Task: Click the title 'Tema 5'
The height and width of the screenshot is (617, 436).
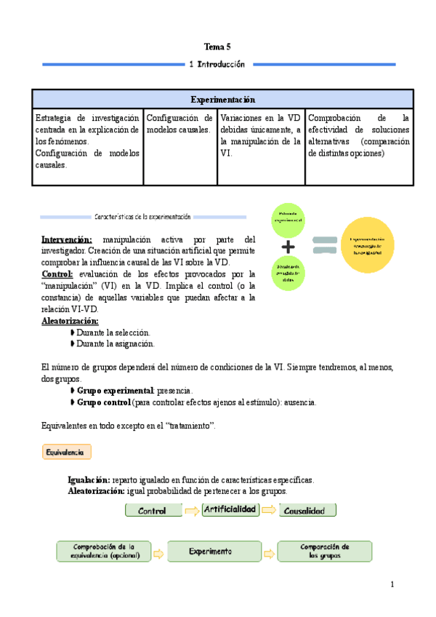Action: pyautogui.click(x=217, y=46)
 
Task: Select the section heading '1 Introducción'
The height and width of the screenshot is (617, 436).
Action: pyautogui.click(x=217, y=64)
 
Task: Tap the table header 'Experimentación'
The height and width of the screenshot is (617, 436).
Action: pyautogui.click(x=222, y=99)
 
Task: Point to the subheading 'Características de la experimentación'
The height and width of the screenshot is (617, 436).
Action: pyautogui.click(x=142, y=216)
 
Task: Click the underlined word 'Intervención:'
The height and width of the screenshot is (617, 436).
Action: pyautogui.click(x=66, y=239)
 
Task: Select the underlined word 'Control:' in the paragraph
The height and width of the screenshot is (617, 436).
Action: pyautogui.click(x=57, y=274)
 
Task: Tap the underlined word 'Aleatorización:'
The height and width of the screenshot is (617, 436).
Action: pyautogui.click(x=70, y=321)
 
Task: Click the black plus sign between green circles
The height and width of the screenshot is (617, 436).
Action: pyautogui.click(x=288, y=245)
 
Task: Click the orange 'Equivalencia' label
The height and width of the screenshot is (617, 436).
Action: pyautogui.click(x=66, y=452)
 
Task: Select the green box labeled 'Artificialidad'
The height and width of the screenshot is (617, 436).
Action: pyautogui.click(x=230, y=509)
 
